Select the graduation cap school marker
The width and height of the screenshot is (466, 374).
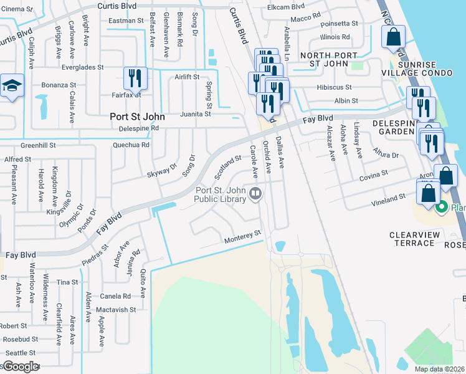(x=11, y=86)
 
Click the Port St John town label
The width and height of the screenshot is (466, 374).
(x=137, y=117)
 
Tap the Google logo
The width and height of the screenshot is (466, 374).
(x=20, y=367)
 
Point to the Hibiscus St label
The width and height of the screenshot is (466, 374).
(x=334, y=88)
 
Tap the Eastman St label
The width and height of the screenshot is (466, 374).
(x=126, y=21)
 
